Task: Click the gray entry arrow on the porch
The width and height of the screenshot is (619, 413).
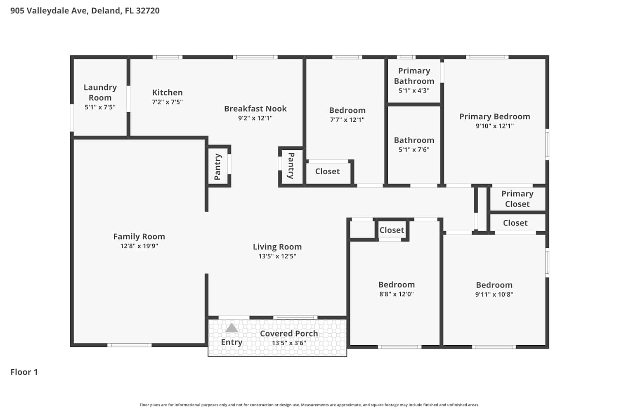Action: coord(232,328)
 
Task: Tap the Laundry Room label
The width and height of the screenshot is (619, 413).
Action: coord(100,93)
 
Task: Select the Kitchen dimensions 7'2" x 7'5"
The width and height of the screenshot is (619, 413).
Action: coord(167,102)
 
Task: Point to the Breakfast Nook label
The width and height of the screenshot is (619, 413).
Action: coord(255,109)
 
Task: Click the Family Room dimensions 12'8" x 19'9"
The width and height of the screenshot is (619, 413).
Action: coord(139,246)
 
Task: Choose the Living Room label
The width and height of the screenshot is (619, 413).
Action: coord(277,247)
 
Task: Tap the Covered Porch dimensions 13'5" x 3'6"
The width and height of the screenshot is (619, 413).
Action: coord(289,343)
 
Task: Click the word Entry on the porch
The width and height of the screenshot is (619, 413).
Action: coord(232,342)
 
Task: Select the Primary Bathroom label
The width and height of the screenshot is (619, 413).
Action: coord(414,76)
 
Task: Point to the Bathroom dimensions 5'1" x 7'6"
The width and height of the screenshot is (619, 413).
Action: coord(414,150)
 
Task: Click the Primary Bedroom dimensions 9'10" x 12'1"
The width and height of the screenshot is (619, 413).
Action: coord(495,126)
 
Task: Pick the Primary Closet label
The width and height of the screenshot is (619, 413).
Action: coord(517,199)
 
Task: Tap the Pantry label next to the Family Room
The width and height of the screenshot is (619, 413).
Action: coord(218,166)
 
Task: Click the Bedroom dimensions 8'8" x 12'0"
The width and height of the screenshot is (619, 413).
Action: coord(397,294)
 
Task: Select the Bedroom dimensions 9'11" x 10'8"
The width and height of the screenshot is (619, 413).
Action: coord(494,294)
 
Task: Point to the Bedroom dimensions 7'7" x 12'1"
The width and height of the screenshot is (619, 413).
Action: coord(347,120)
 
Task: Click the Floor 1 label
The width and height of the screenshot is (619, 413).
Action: coord(24,372)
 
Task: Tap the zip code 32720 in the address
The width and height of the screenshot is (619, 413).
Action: coord(148,10)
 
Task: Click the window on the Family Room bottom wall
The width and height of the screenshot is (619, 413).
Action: coord(129,345)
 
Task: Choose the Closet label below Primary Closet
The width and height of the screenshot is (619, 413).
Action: coord(515,223)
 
